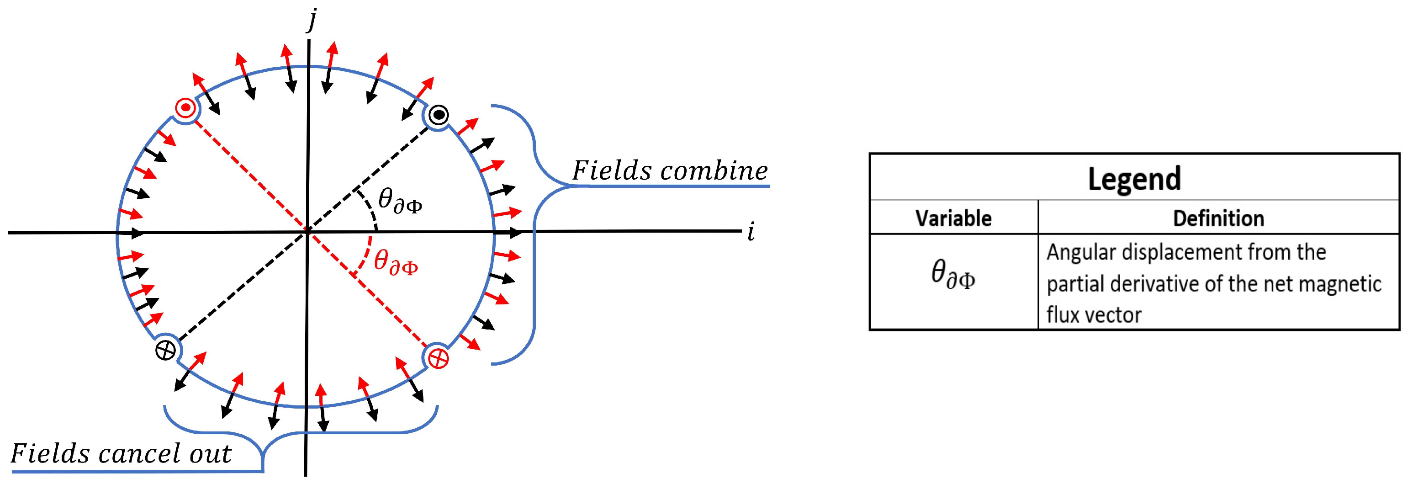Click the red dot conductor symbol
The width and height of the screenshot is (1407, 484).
[x=186, y=108]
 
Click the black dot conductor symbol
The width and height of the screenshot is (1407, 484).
[x=439, y=115]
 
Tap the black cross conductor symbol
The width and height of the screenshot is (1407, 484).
[x=165, y=349]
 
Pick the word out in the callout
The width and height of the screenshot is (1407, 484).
[x=210, y=453]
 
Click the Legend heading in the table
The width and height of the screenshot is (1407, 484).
[x=1134, y=179]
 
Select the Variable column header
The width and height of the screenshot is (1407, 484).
[x=953, y=218]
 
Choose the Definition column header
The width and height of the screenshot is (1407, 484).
[x=1218, y=218]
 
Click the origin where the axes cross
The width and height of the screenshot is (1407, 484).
[x=307, y=232]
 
